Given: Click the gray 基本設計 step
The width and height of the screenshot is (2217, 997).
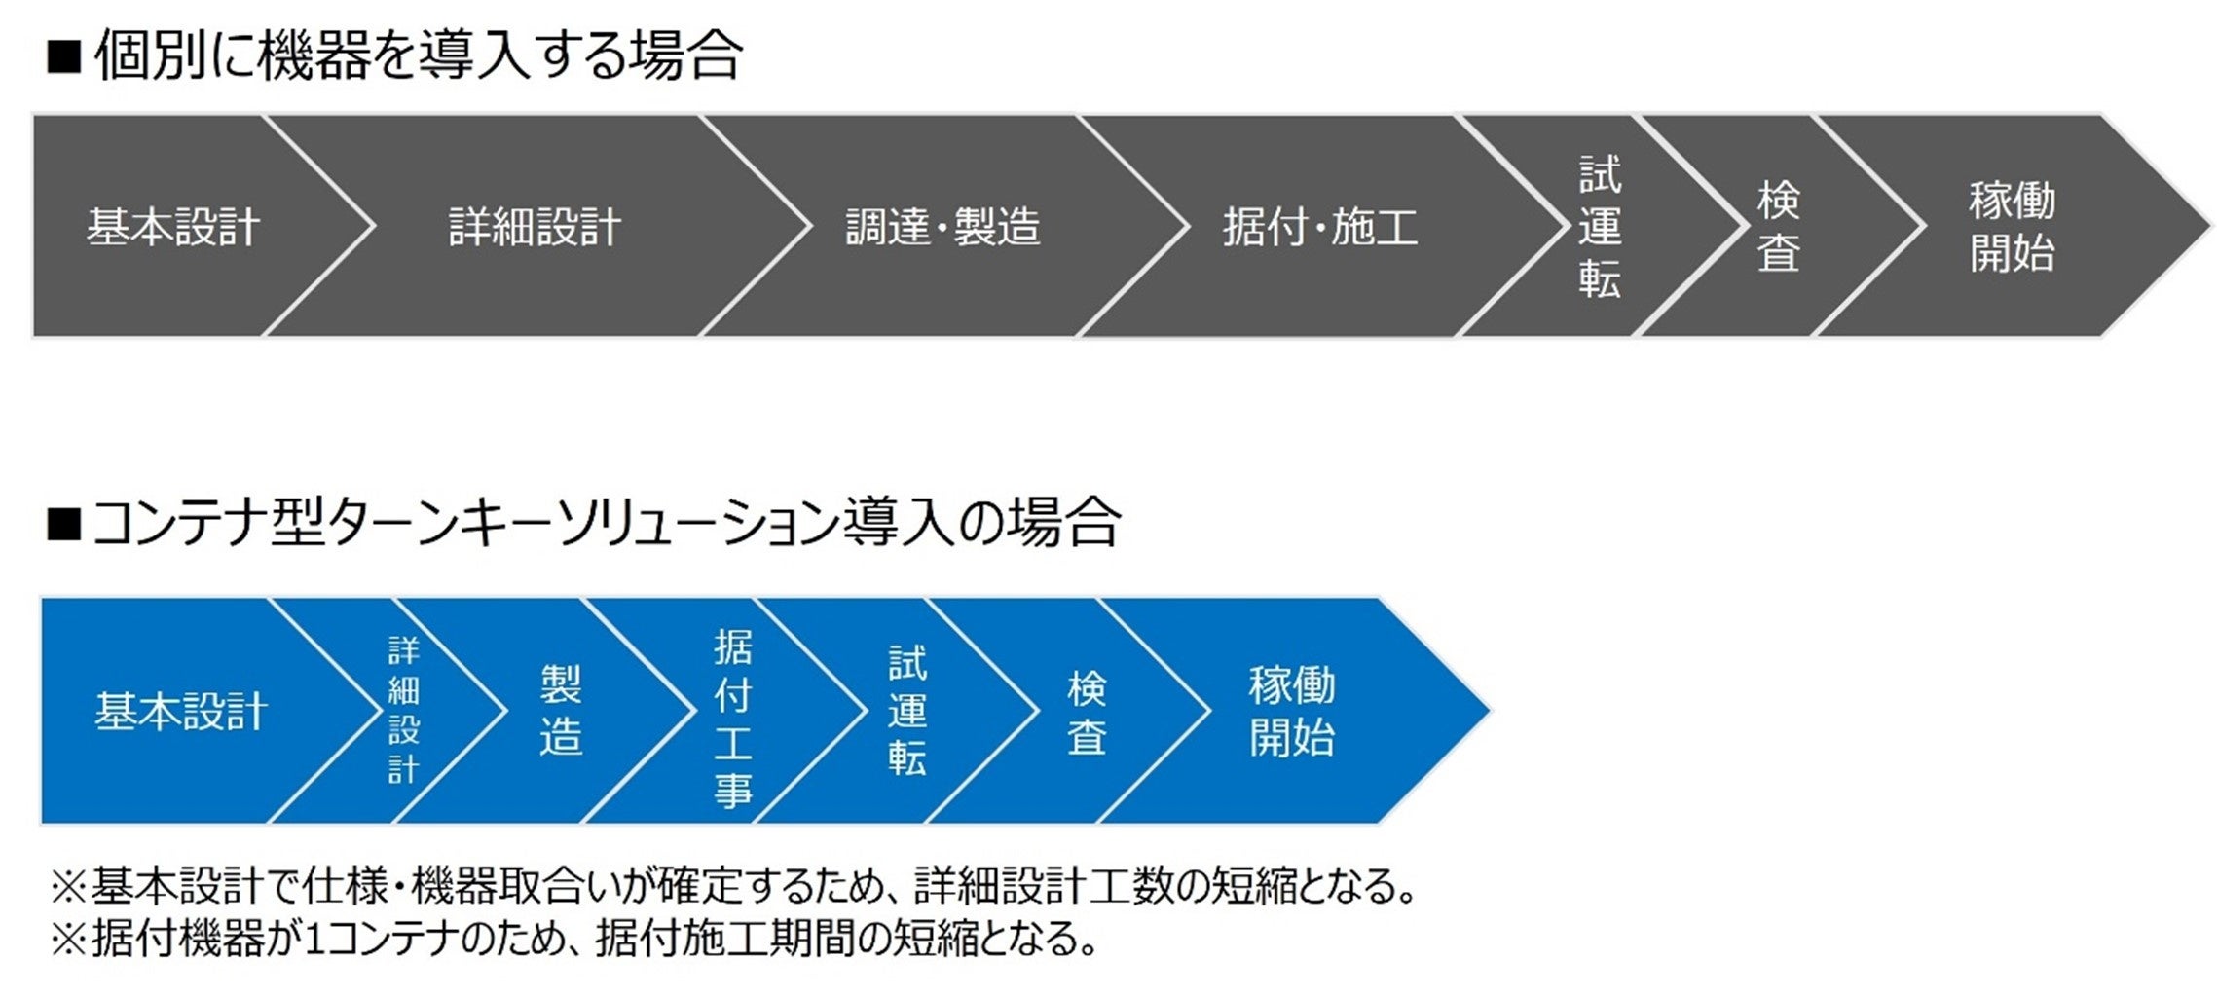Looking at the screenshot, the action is coord(173,227).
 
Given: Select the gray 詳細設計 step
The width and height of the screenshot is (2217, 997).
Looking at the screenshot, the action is coord(535,227).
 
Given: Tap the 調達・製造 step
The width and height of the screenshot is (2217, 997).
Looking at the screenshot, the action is coord(942,227).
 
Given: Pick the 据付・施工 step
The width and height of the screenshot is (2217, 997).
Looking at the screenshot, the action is coord(1320,227).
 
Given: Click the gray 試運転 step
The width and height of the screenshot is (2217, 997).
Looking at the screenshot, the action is coord(1599,227).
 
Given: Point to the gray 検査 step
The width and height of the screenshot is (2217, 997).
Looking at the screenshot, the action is coord(1778,227).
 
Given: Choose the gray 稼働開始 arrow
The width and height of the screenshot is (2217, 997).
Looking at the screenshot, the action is coord(2012,227).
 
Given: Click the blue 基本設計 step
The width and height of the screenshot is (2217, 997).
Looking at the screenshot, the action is coord(181,712).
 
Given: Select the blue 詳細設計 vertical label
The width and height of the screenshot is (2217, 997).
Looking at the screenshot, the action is coord(403,712).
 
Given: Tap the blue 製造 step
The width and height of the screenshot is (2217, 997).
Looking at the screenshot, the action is coord(561,712).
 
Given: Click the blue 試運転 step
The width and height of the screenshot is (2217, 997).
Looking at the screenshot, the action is coord(906,712).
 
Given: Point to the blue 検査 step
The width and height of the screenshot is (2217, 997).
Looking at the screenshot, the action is coord(1087,712).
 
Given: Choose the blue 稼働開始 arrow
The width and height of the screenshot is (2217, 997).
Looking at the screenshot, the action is coord(1291,712).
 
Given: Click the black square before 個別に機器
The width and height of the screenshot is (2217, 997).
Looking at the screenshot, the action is coord(63,58).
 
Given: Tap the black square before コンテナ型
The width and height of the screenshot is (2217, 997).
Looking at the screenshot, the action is coord(63,525).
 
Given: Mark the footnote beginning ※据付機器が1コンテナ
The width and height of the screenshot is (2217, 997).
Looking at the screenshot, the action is coord(574,939).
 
